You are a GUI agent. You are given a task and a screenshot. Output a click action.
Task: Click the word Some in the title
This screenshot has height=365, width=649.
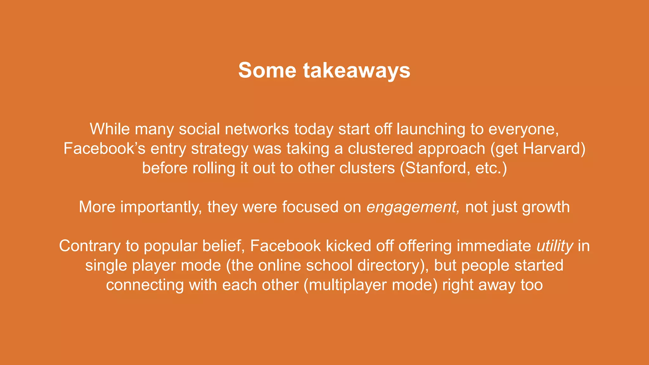(267, 70)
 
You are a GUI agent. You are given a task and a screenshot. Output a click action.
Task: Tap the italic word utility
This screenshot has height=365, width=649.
(555, 246)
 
